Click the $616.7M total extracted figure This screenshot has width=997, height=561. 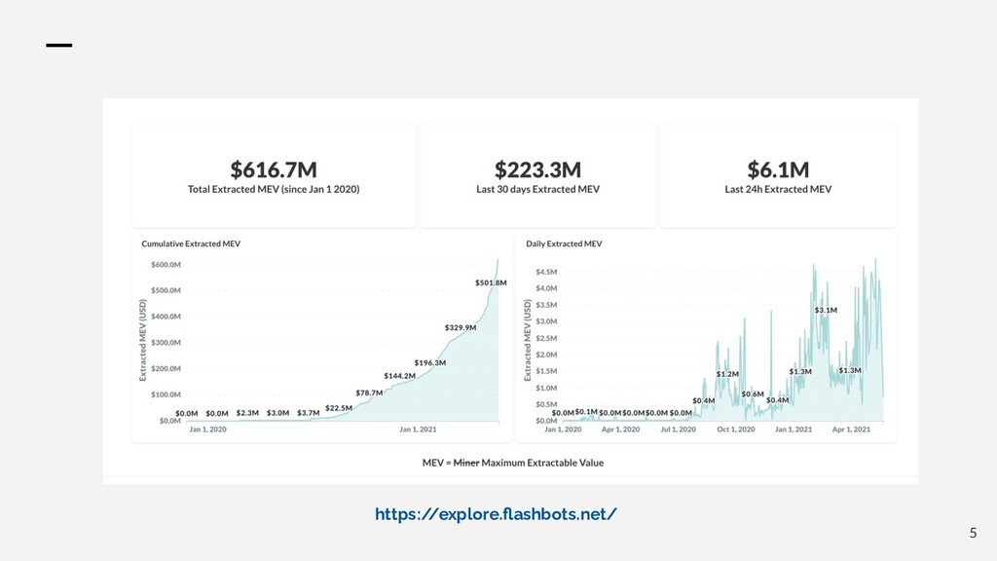click(x=274, y=169)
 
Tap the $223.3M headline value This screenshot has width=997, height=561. click(x=538, y=169)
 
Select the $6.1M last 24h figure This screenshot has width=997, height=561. click(x=778, y=169)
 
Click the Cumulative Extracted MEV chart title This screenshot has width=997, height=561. click(x=191, y=243)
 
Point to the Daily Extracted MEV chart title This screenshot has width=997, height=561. click(x=564, y=243)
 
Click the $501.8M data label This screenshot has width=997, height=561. click(x=491, y=282)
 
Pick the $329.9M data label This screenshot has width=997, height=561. click(x=461, y=327)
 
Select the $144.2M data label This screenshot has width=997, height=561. click(x=399, y=376)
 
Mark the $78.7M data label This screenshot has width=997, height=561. click(x=369, y=393)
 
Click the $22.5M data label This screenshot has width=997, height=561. click(x=339, y=408)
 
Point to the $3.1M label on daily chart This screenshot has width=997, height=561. click(x=826, y=310)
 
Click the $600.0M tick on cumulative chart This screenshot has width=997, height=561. click(x=165, y=264)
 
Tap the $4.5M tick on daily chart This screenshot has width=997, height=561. click(x=545, y=272)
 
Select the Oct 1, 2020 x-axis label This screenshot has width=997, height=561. click(x=736, y=429)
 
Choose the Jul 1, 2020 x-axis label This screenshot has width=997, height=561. click(x=680, y=429)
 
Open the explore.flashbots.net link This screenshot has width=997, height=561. click(x=496, y=513)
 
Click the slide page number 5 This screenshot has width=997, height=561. click(x=972, y=533)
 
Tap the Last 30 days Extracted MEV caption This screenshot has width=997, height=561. click(x=538, y=189)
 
